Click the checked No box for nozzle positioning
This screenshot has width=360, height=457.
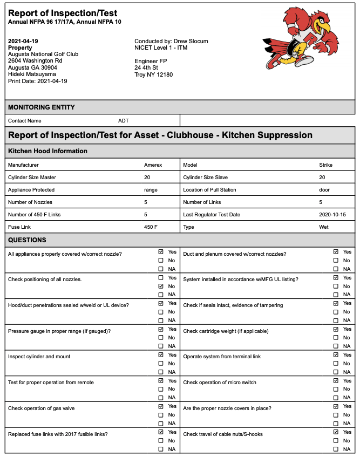(x=161, y=286)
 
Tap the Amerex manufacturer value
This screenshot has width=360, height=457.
(x=153, y=165)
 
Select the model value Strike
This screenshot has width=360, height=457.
(x=326, y=165)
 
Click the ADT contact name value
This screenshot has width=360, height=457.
(x=124, y=121)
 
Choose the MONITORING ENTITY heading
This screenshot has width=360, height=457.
(x=42, y=107)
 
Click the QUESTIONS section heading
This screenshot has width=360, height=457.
(x=27, y=240)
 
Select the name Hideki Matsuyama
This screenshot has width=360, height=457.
(x=32, y=74)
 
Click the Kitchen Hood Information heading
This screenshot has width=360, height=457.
(x=47, y=151)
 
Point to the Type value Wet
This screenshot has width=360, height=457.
(x=324, y=227)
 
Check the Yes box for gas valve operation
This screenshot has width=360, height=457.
(x=161, y=406)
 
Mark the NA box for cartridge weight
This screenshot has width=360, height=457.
(x=336, y=346)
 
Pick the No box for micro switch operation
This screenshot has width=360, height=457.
(x=336, y=389)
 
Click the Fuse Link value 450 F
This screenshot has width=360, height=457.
(x=151, y=227)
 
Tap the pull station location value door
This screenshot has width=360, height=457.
(x=324, y=189)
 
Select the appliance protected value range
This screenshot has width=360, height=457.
(x=151, y=189)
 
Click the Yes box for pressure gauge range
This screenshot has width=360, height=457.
(x=161, y=329)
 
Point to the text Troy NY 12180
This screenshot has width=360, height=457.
(x=153, y=74)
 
